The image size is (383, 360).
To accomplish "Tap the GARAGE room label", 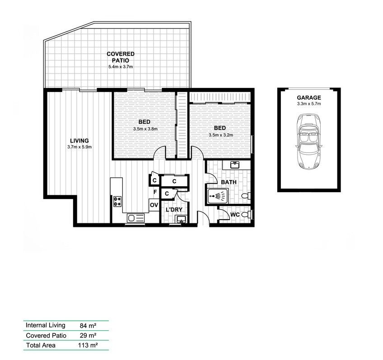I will click(308, 97).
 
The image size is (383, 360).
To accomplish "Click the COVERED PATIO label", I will click(120, 57).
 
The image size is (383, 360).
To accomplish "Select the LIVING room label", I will click(79, 140).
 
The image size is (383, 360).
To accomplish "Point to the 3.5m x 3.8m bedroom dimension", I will click(145, 129).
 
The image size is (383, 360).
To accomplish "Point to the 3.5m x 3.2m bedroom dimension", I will click(220, 134).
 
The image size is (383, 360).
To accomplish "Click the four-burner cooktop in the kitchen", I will click(117, 201).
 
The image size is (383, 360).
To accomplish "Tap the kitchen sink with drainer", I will click(135, 218).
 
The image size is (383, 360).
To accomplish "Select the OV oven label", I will click(154, 205).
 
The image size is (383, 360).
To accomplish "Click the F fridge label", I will click(155, 192).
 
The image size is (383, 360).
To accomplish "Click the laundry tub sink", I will click(181, 220).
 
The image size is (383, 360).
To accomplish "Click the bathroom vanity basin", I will click(234, 165).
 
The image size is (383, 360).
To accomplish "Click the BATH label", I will click(229, 182).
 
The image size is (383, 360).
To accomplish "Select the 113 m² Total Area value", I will click(88, 346).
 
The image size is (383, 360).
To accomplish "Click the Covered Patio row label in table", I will click(46, 336).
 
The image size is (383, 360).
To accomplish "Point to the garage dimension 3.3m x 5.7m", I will click(308, 104).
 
